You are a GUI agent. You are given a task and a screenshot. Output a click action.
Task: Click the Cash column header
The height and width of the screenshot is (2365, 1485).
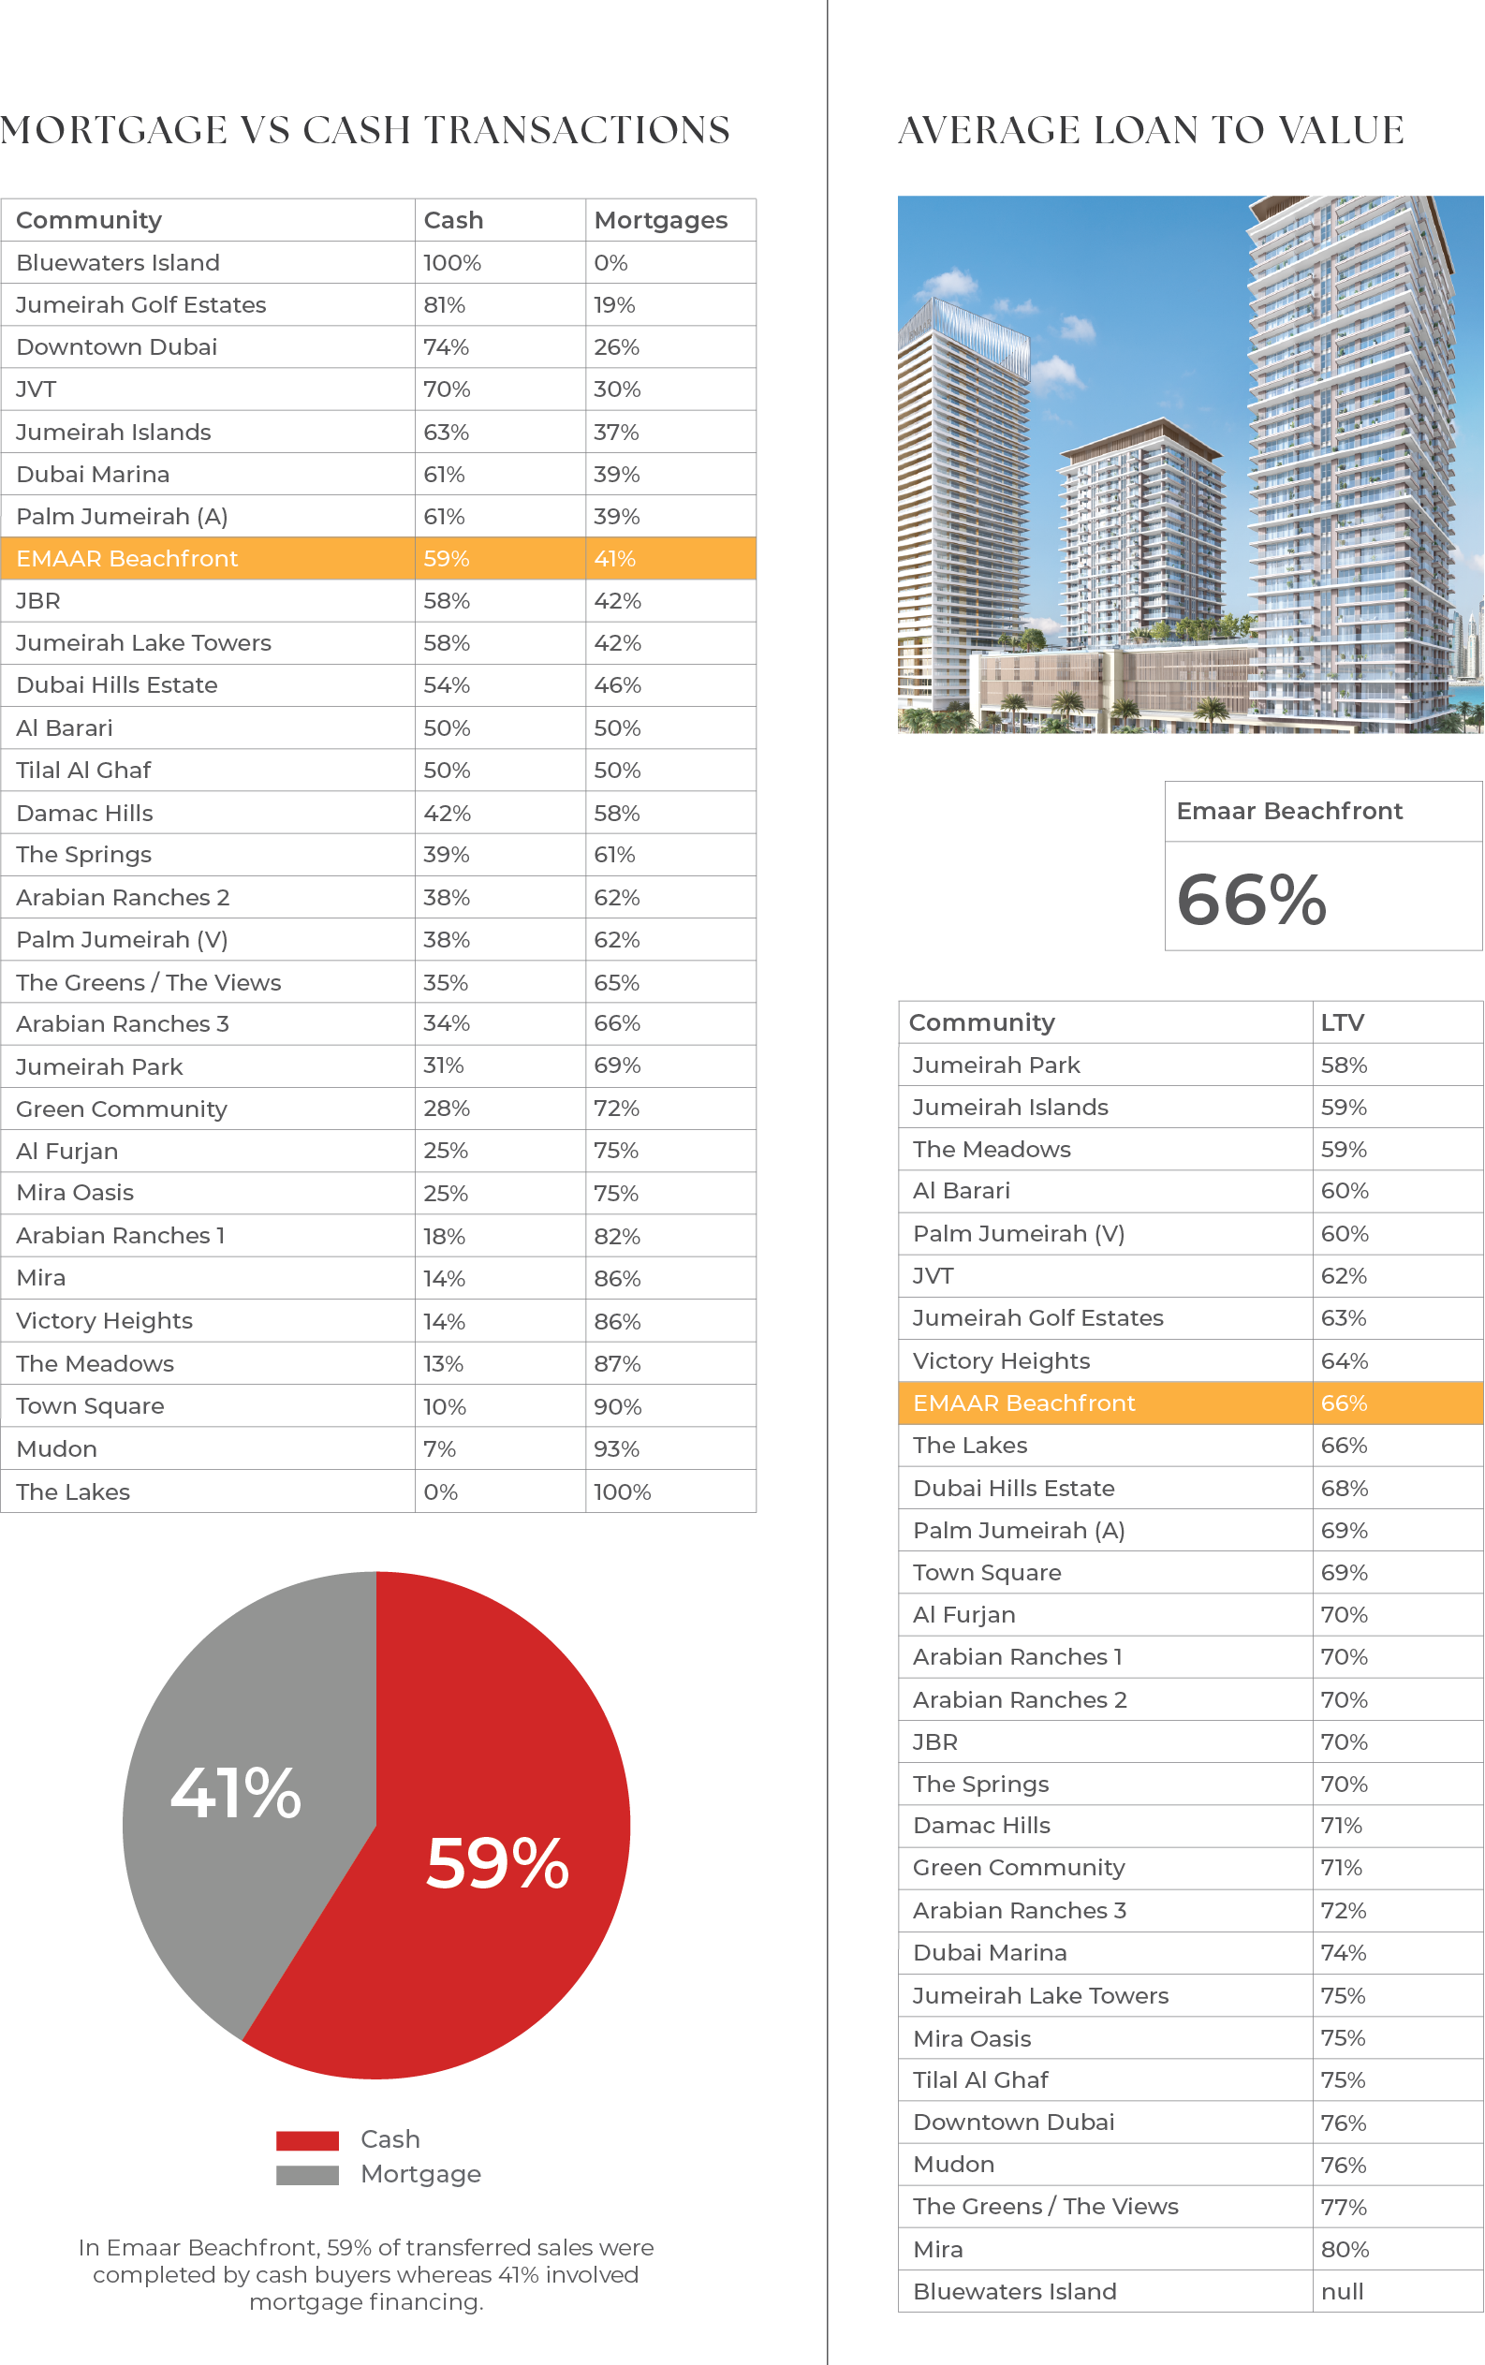tap(453, 220)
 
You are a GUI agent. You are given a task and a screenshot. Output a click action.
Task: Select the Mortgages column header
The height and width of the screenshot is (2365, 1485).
tap(660, 220)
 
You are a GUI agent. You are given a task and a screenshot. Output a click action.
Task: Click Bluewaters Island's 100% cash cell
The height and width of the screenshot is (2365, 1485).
tap(452, 263)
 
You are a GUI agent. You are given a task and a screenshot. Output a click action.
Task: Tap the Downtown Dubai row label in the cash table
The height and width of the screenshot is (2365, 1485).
tap(116, 346)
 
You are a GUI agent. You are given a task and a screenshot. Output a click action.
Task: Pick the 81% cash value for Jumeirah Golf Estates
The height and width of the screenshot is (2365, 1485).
tap(444, 305)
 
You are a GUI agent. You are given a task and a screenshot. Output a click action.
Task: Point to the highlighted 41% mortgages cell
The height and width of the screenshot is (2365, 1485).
tap(615, 559)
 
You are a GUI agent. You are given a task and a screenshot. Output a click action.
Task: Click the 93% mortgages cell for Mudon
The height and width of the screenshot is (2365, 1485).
tap(616, 1448)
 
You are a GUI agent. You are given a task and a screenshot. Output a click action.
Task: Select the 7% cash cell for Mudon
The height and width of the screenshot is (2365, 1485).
tap(439, 1448)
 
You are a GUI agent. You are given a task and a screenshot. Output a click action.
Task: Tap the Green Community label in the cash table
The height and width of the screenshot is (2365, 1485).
tap(121, 1109)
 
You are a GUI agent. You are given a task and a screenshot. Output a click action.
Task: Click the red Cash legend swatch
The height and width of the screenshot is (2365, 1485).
tap(307, 2140)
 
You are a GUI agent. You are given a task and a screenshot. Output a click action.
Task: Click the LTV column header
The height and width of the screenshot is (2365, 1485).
tap(1342, 1022)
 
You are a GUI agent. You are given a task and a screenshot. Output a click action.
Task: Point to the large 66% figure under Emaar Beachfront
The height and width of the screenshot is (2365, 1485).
tap(1251, 899)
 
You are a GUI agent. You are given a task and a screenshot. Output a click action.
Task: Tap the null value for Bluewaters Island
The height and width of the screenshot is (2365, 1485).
tap(1342, 2291)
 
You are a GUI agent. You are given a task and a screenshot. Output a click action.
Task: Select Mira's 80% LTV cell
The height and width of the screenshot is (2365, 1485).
tap(1344, 2249)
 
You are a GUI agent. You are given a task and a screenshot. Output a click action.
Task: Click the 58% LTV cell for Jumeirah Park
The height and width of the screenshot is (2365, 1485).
tap(1344, 1065)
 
